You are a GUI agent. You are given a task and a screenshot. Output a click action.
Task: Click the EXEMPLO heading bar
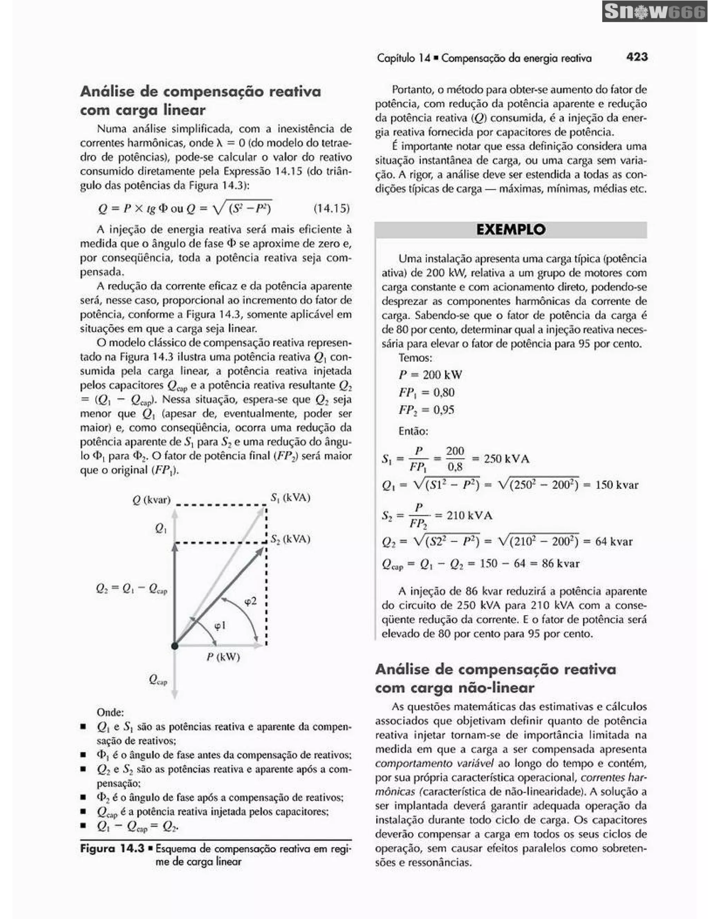(x=511, y=230)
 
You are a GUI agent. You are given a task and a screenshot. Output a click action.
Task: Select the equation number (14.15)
(x=332, y=208)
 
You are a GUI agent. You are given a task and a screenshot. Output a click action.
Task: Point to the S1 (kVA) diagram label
(x=290, y=498)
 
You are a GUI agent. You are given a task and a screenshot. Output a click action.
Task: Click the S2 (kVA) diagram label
(x=290, y=539)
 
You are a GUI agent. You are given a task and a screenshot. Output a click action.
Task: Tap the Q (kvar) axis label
(x=151, y=500)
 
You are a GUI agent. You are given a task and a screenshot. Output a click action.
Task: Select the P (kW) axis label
(x=223, y=657)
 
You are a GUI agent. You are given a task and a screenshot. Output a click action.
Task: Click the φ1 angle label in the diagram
(x=220, y=626)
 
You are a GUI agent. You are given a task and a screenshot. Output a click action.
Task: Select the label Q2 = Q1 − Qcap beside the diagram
(x=131, y=589)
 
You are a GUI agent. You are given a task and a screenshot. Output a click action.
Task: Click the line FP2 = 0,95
(x=426, y=410)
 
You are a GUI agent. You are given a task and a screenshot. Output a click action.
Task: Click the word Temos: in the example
(x=415, y=358)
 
